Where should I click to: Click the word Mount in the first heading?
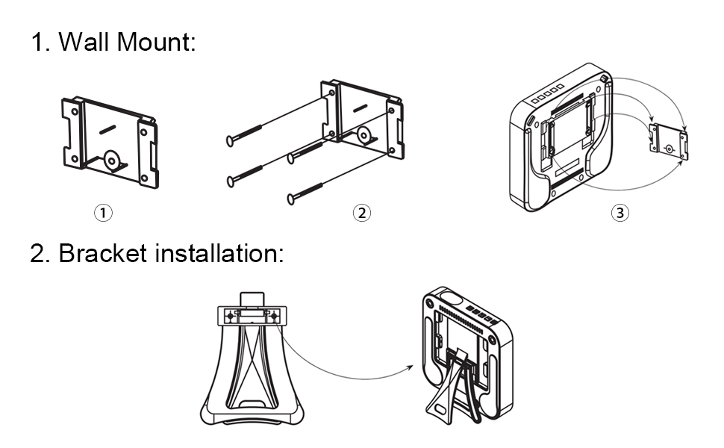pos(153,42)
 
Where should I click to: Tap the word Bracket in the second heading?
pos(103,253)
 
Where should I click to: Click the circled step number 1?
pos(103,213)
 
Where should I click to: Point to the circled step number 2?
pos(361,213)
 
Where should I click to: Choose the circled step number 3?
pos(620,213)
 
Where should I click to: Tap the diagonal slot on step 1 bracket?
pos(107,129)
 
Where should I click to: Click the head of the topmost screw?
pos(229,140)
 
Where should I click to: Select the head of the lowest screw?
pos(291,199)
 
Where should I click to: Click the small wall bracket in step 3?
pos(668,142)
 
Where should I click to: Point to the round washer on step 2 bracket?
pos(363,135)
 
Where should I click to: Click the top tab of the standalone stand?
pos(252,299)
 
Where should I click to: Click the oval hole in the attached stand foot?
pos(440,410)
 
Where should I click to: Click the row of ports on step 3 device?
pos(548,94)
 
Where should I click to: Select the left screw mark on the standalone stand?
pos(231,317)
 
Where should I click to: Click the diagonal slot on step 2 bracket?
pos(361,108)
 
